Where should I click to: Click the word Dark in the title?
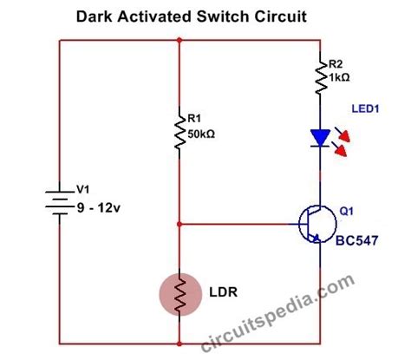(94, 16)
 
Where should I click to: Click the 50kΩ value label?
(201, 134)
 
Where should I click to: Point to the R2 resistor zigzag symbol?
(321, 76)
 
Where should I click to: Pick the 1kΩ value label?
(339, 77)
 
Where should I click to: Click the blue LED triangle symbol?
(320, 138)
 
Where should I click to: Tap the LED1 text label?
(365, 108)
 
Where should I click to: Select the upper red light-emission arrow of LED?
(342, 134)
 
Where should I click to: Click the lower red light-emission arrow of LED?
(339, 148)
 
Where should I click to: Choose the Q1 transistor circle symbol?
(317, 224)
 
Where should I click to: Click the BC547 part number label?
(356, 240)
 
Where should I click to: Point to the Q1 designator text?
(346, 212)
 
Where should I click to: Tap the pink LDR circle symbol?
(180, 294)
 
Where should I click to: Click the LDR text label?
(223, 292)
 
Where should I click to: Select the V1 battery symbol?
(60, 203)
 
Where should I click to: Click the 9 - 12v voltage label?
(98, 208)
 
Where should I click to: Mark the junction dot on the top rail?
(179, 40)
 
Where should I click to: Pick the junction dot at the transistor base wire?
(179, 224)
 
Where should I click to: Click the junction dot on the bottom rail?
(179, 344)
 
